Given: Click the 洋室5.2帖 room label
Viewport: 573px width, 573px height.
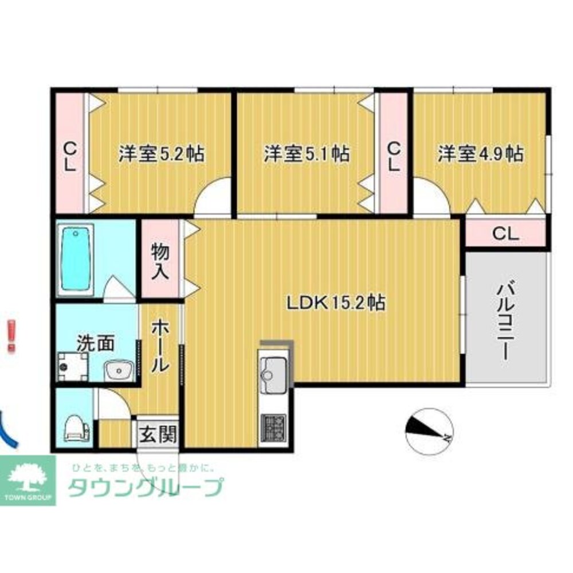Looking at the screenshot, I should click(162, 154).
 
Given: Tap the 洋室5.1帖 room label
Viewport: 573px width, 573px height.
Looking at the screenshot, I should click(307, 154).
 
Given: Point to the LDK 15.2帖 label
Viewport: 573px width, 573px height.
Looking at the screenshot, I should click(336, 302).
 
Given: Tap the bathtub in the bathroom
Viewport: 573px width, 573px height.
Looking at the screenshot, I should click(76, 258).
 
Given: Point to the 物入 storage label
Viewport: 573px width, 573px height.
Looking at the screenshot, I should click(160, 261).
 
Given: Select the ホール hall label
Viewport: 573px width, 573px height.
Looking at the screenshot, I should click(160, 346).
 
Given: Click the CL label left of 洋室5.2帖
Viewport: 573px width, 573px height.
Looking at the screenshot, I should click(69, 157).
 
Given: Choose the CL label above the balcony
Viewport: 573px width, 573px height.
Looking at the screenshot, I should click(506, 234).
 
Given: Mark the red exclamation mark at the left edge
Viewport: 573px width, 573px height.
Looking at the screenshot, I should click(11, 336).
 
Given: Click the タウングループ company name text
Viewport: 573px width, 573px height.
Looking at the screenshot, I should click(146, 487).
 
